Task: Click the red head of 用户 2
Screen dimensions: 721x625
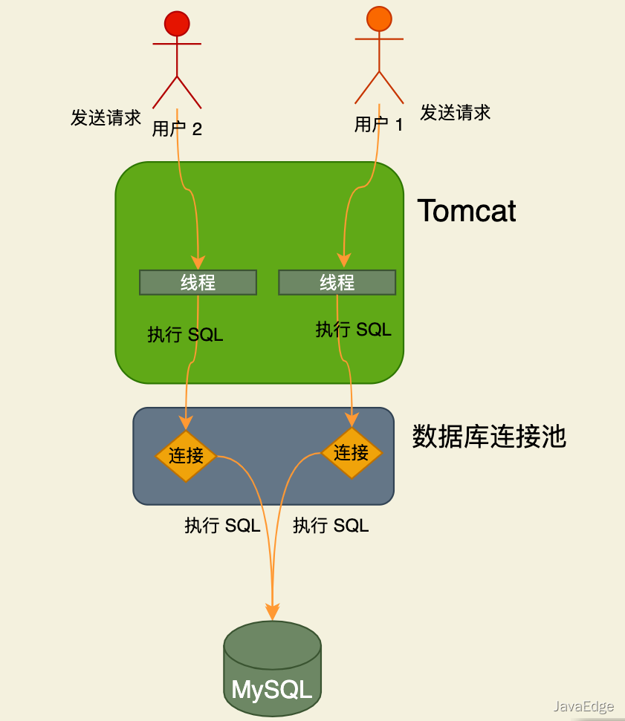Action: coord(177,24)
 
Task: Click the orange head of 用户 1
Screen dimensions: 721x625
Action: coord(379,19)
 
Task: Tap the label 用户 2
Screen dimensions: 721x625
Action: coord(177,128)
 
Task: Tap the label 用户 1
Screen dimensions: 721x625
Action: coord(378,124)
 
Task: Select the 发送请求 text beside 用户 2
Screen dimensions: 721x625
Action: coord(106,117)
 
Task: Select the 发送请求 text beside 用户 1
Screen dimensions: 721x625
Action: coord(455,113)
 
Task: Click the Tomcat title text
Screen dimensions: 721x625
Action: coord(466,211)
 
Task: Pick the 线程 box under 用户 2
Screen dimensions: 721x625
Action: coord(198,282)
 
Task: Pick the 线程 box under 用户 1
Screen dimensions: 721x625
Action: coord(337,282)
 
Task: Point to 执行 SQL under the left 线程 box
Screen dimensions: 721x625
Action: coord(185,334)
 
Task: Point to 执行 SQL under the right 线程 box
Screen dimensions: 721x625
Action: coord(353,329)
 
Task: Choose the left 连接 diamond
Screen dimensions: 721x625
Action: coord(185,455)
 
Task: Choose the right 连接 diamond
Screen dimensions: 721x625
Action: coord(351,452)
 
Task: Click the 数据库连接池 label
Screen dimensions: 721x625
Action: coord(489,437)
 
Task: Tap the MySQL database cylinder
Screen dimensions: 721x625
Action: coord(272,669)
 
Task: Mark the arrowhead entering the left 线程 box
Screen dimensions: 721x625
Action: coord(198,262)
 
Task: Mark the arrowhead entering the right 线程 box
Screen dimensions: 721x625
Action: coord(343,259)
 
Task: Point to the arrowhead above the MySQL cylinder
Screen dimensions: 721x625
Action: coord(273,613)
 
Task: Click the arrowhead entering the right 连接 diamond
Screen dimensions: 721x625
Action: coord(352,420)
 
